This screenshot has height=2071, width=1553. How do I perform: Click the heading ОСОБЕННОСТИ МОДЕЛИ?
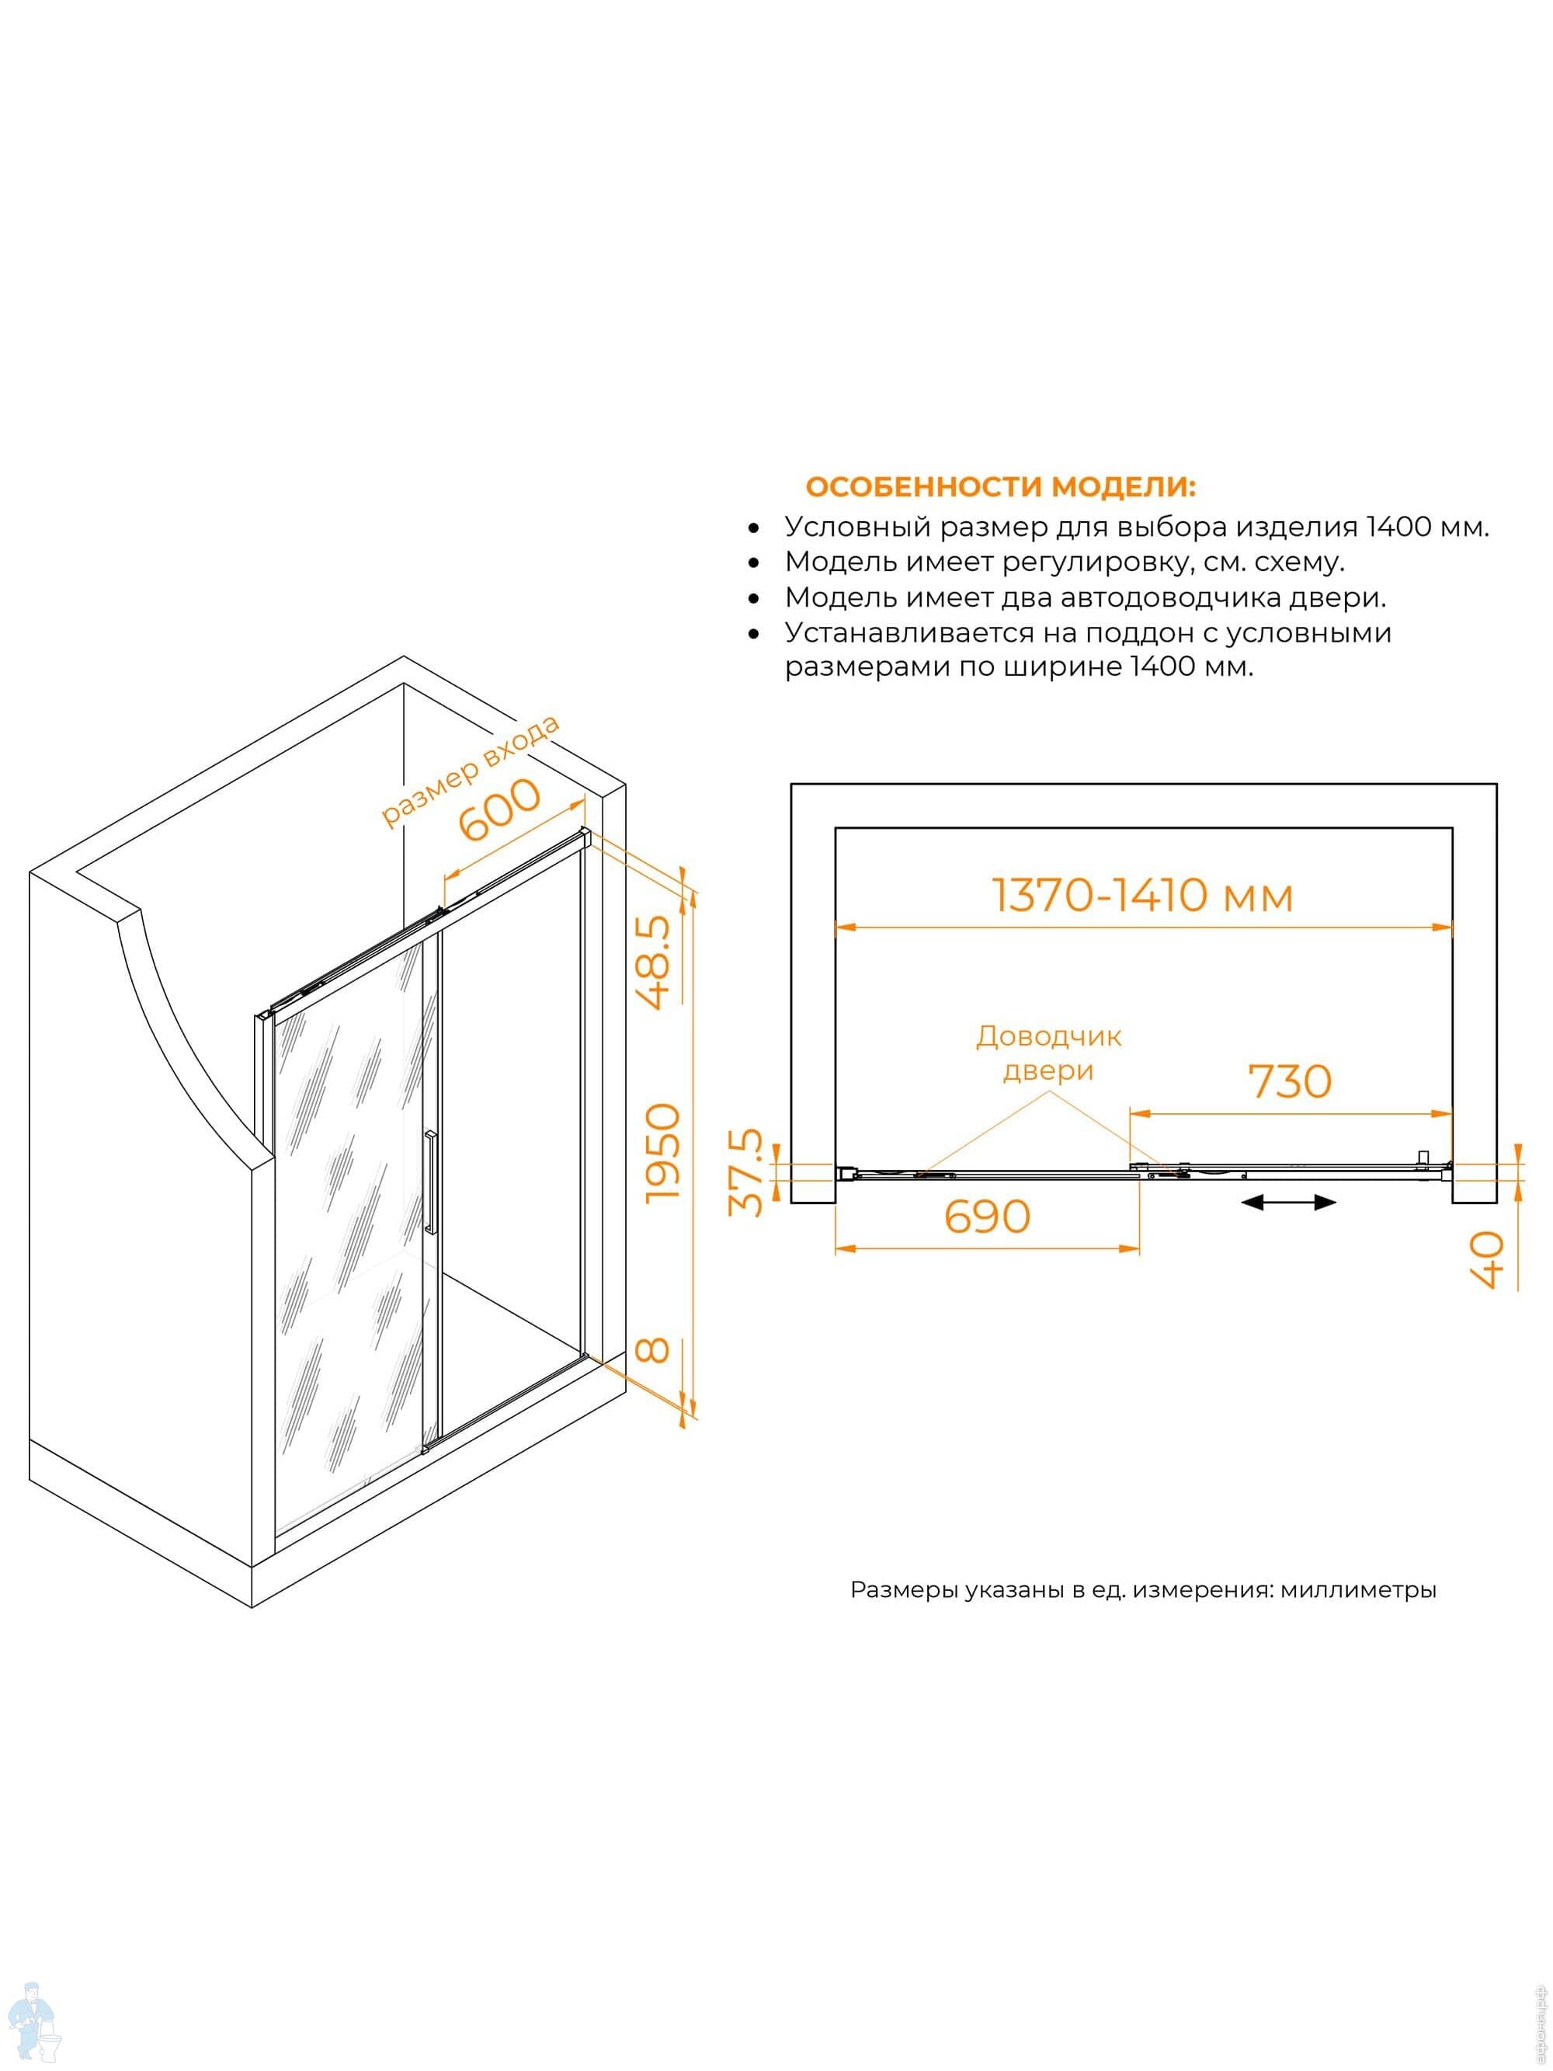click(1000, 488)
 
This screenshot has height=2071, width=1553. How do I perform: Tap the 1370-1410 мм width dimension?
click(1142, 896)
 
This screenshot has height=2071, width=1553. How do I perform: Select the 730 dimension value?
click(1290, 1082)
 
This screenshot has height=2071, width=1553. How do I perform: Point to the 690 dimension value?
click(987, 1217)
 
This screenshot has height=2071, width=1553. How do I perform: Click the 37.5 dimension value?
click(746, 1173)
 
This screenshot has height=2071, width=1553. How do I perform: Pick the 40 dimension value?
click(1486, 1259)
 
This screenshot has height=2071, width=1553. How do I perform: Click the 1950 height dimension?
click(664, 1154)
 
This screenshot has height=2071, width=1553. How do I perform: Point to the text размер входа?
click(470, 771)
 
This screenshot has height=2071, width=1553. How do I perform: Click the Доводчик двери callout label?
click(1048, 1053)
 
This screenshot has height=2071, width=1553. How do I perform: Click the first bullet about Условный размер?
click(1135, 527)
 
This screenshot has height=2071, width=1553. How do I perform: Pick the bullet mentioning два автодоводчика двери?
click(1085, 597)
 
